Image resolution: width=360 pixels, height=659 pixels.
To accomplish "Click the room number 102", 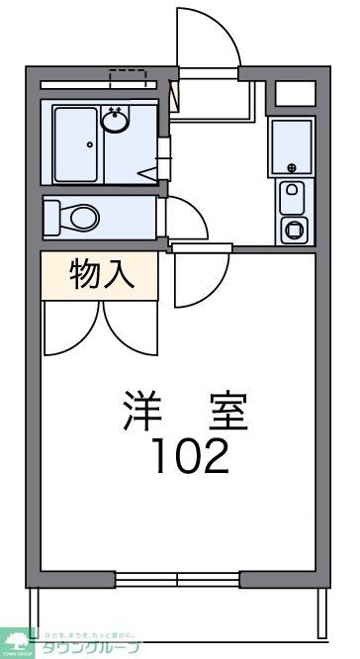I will [191, 456].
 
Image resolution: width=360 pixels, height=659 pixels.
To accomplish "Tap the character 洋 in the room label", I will [144, 410].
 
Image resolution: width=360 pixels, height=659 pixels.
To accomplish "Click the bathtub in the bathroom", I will [76, 142].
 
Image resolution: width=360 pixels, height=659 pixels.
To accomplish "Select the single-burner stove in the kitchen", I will [295, 230].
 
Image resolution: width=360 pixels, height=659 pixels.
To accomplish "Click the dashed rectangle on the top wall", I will [129, 76].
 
